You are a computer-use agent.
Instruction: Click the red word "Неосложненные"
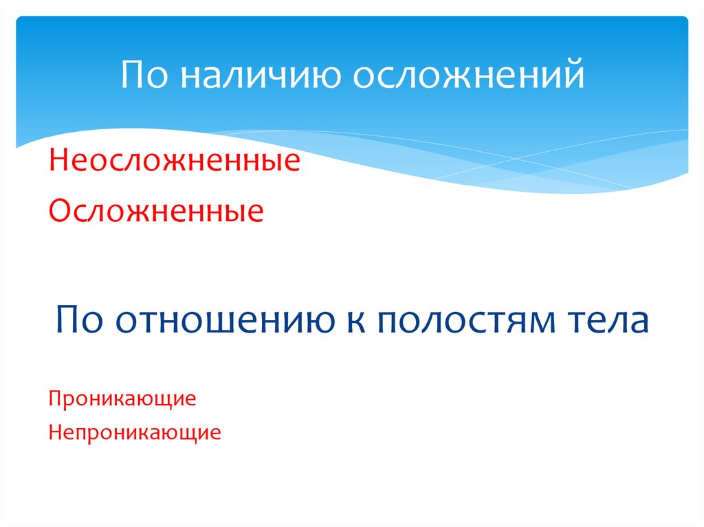[174, 163]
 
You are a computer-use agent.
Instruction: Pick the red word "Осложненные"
[155, 211]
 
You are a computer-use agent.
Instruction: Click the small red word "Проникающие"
[122, 399]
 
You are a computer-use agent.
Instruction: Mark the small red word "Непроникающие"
[135, 434]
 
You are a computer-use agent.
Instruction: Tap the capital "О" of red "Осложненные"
[59, 211]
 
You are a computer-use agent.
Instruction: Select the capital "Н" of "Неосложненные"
[58, 163]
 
